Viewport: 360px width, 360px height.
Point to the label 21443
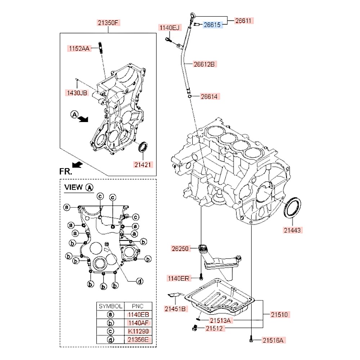[x=292, y=229]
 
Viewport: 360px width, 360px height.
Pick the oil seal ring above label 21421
[x=143, y=147]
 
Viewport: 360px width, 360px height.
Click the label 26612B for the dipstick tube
[x=204, y=64]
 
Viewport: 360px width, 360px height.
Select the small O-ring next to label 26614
[x=189, y=96]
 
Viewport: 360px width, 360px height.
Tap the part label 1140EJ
[x=169, y=27]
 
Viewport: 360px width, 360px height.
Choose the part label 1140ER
[x=178, y=278]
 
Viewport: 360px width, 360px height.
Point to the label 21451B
[x=175, y=309]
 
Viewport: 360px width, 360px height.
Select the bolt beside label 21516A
[x=251, y=339]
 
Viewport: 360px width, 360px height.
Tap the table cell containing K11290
[x=138, y=331]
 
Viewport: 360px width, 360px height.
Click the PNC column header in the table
[x=138, y=306]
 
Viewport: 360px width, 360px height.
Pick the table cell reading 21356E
[x=138, y=339]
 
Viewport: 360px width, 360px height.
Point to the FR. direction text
[x=66, y=171]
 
